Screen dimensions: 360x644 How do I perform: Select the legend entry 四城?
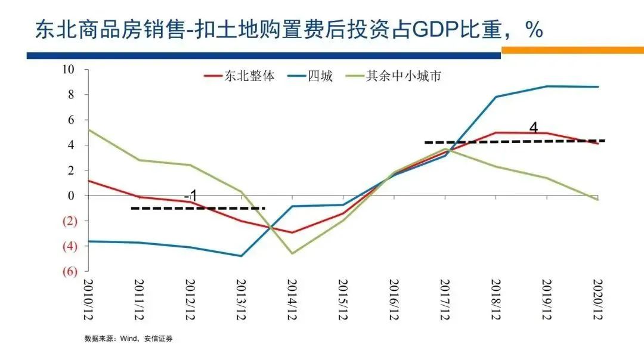click(x=320, y=76)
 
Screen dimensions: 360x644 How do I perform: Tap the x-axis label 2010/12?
click(x=89, y=300)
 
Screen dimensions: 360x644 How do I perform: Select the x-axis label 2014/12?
click(x=293, y=300)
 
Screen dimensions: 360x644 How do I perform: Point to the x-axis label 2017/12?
click(x=445, y=300)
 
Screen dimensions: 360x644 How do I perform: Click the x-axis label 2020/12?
click(x=598, y=300)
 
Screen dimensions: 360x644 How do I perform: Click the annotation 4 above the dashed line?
click(x=533, y=128)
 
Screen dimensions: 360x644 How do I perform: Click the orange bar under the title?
click(x=572, y=51)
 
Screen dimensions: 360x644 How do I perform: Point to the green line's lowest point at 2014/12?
click(x=293, y=253)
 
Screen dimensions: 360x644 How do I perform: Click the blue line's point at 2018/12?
click(x=496, y=97)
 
